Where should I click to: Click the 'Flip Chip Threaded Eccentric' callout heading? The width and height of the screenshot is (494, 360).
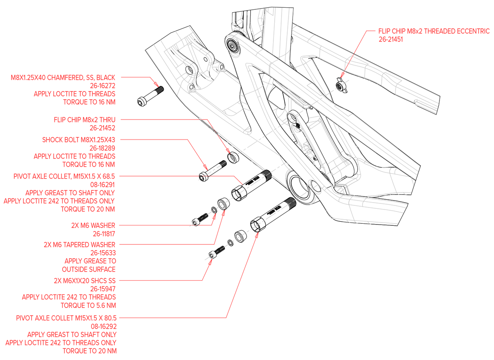pyautogui.click(x=434, y=31)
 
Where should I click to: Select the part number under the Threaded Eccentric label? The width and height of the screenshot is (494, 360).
pyautogui.click(x=391, y=40)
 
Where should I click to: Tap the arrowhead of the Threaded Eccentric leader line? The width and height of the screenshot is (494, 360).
pyautogui.click(x=343, y=75)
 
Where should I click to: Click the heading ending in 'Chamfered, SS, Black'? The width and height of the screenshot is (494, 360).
pyautogui.click(x=63, y=76)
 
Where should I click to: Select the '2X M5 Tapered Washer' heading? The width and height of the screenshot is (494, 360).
pyautogui.click(x=80, y=244)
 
